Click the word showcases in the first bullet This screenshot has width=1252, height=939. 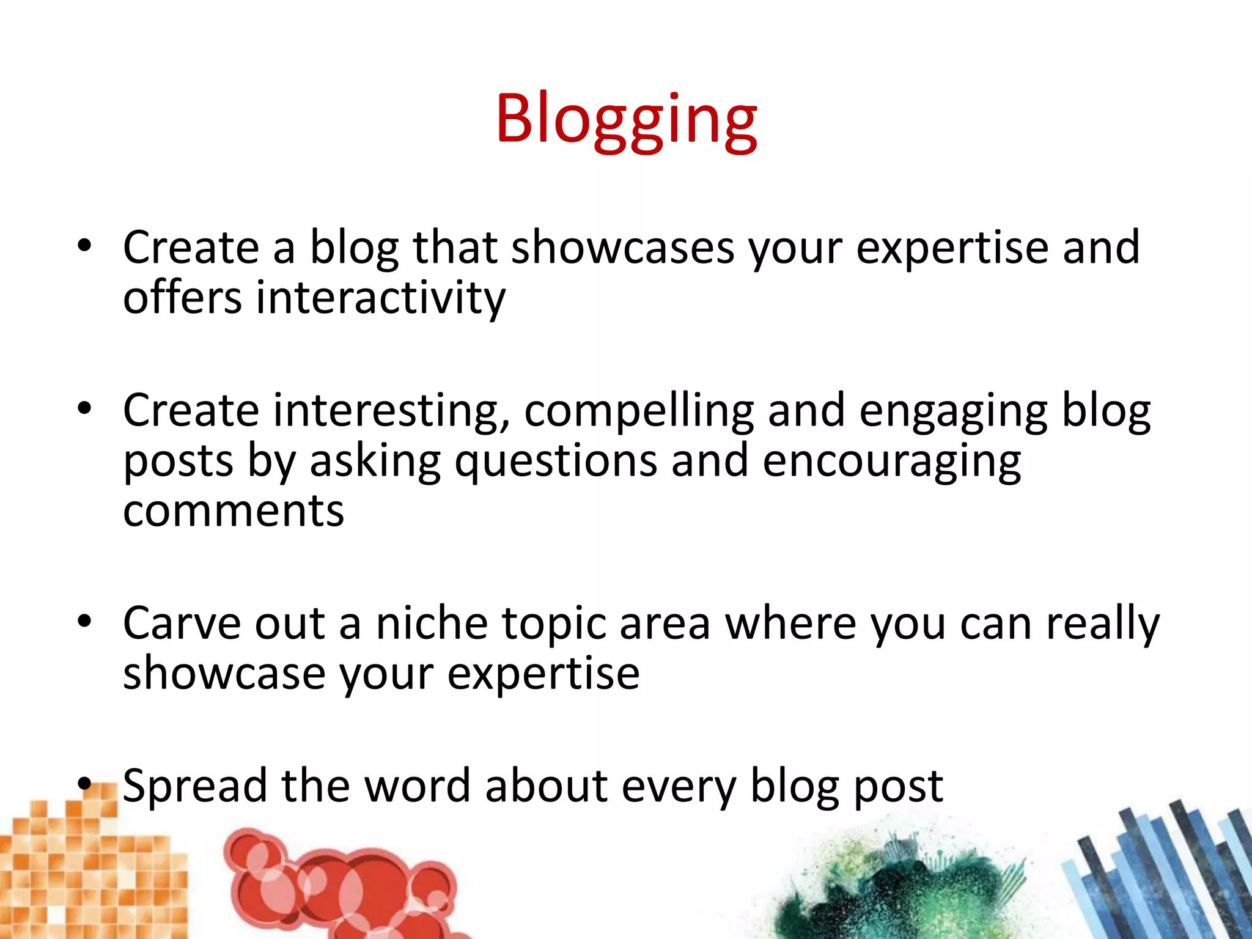point(622,248)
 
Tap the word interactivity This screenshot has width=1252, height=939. point(380,298)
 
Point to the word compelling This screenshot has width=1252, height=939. point(639,411)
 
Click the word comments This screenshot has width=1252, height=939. point(234,512)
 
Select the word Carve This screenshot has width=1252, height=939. point(182,624)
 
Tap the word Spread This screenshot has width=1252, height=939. point(194,787)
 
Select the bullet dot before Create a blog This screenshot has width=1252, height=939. point(84,246)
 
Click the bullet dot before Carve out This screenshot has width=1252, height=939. point(84,622)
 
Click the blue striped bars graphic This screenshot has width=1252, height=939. point(1162,874)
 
